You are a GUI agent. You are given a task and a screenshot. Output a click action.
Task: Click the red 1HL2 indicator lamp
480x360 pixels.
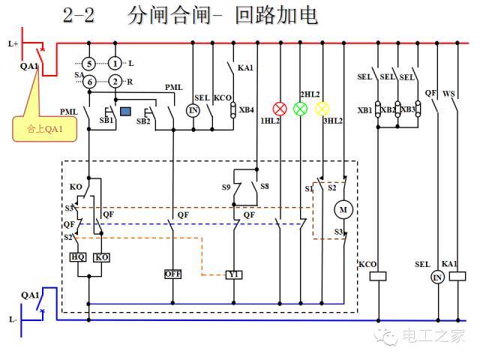pyautogui.click(x=280, y=109)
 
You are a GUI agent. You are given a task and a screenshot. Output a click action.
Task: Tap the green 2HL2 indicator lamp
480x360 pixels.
pyautogui.click(x=300, y=109)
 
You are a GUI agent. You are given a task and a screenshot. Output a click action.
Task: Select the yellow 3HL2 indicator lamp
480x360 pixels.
pyautogui.click(x=322, y=109)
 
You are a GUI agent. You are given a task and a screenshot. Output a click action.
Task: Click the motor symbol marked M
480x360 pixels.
pyautogui.click(x=343, y=209)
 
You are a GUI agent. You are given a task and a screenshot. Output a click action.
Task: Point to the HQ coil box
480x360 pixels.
pyautogui.click(x=77, y=257)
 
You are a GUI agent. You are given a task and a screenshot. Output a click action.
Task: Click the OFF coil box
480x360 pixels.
pyautogui.click(x=173, y=274)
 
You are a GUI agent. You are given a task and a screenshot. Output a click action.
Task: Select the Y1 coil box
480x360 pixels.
pyautogui.click(x=235, y=274)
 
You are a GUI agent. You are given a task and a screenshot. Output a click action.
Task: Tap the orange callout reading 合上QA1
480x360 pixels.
pyautogui.click(x=41, y=128)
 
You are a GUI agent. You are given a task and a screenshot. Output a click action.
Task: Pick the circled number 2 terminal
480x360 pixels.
pyautogui.click(x=115, y=81)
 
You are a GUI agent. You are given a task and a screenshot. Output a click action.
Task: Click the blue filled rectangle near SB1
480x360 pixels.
pyautogui.click(x=126, y=112)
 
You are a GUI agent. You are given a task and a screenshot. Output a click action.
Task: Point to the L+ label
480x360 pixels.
pyautogui.click(x=13, y=43)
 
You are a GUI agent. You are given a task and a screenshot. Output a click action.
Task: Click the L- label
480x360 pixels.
pyautogui.click(x=13, y=319)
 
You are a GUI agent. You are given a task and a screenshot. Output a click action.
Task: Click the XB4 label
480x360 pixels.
pyautogui.click(x=247, y=110)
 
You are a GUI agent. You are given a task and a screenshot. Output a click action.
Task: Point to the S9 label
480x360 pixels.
pyautogui.click(x=226, y=185)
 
